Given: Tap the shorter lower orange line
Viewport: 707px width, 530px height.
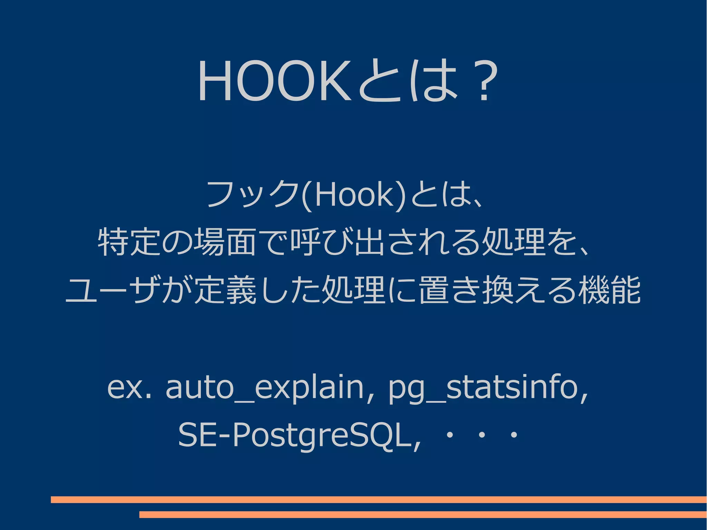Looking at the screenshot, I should tap(423, 514).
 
